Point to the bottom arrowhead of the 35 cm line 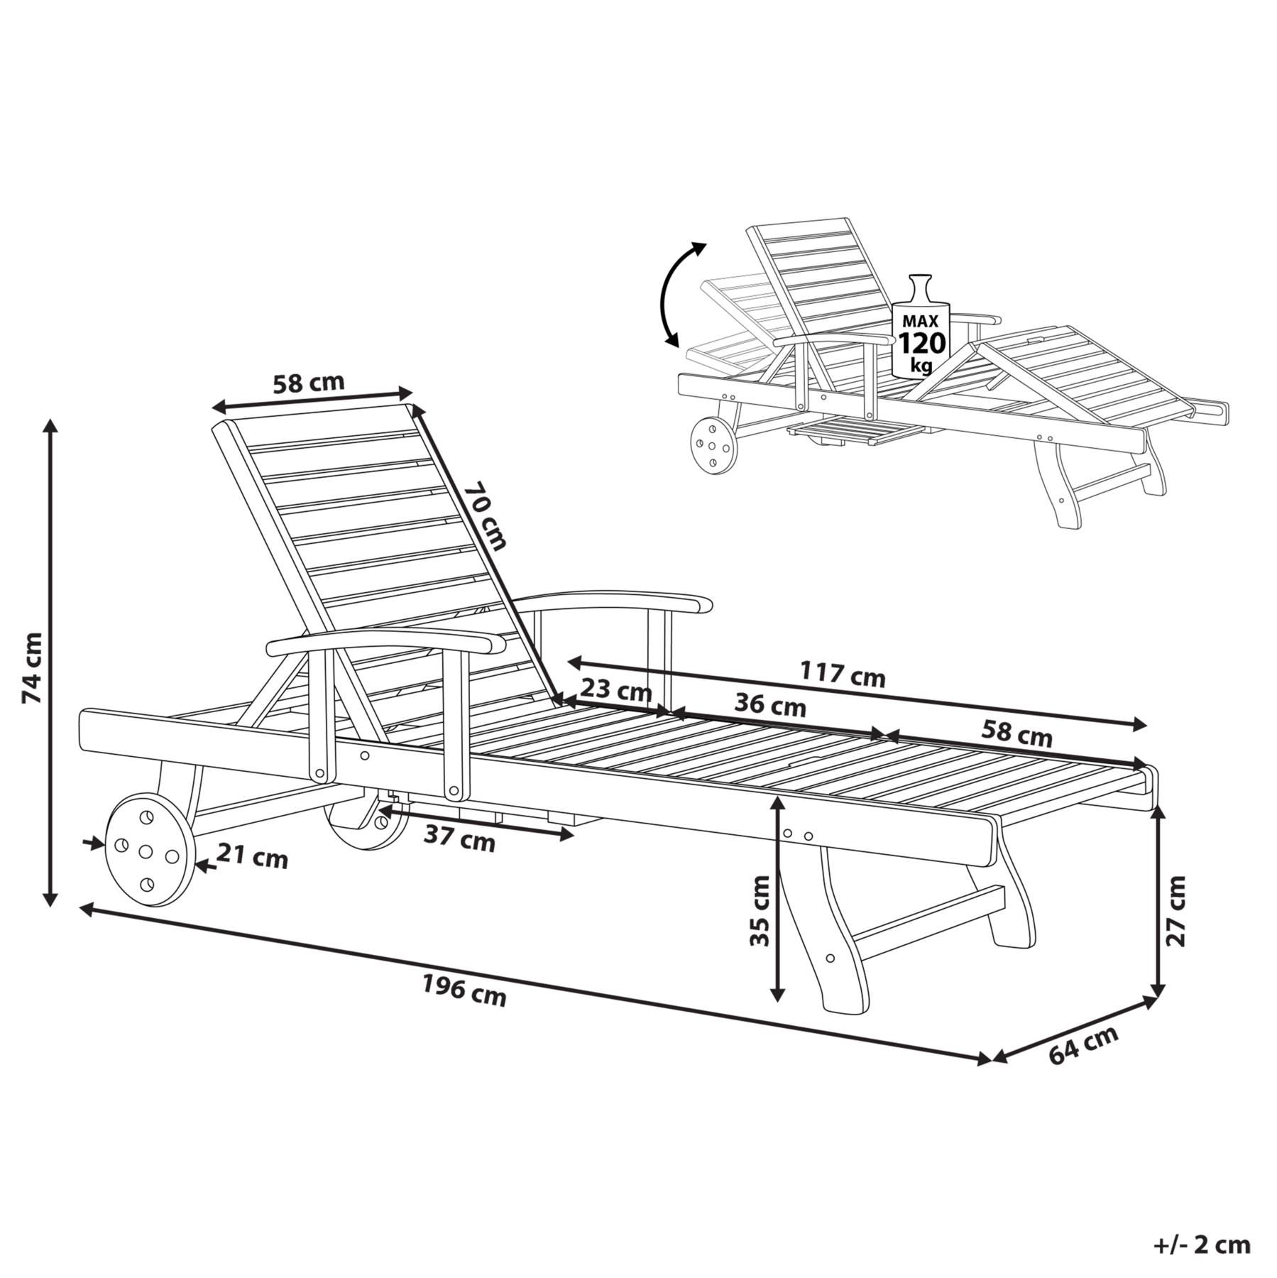coord(779,995)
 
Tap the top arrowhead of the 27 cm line coord(1158,813)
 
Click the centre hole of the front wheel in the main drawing coord(146,851)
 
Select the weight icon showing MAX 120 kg coord(921,326)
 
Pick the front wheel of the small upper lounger coord(712,446)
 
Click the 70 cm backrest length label coord(486,516)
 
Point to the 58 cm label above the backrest coord(309,383)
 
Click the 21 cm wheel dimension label coord(253,856)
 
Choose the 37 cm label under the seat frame coord(459,839)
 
